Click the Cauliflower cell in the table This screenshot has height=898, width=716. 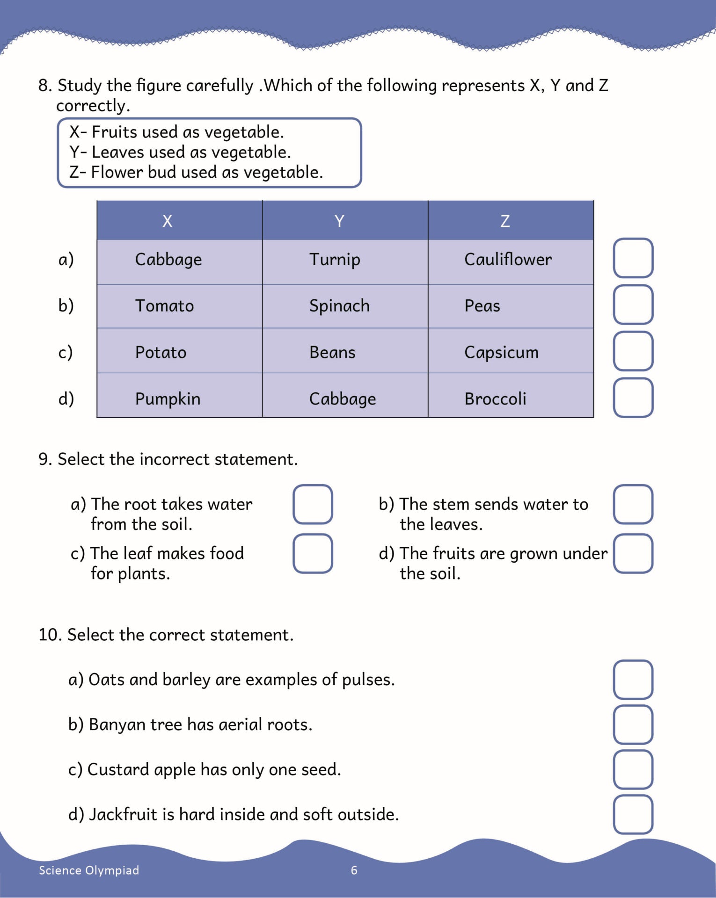[x=508, y=260]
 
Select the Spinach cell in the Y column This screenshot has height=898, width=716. [x=339, y=306]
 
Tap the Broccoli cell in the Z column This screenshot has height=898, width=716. [x=495, y=399]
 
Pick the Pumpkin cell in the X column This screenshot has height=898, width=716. [x=168, y=399]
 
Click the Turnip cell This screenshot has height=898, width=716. [x=335, y=260]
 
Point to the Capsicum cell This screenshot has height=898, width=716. [x=501, y=352]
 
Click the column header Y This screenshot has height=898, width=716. [x=339, y=221]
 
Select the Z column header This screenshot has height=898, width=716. [x=505, y=221]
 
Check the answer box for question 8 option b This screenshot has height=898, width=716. [x=633, y=304]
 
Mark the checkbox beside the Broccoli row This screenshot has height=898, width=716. [x=633, y=398]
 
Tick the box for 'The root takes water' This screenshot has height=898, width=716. [x=313, y=504]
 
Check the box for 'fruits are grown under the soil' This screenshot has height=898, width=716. [x=633, y=553]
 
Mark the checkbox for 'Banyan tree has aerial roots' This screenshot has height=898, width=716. [x=633, y=724]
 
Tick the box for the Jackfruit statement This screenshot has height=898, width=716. [x=633, y=814]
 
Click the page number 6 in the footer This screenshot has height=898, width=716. [x=354, y=870]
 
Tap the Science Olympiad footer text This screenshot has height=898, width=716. [x=89, y=870]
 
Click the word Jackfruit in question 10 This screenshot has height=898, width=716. [x=124, y=814]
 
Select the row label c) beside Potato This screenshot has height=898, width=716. [x=66, y=352]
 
